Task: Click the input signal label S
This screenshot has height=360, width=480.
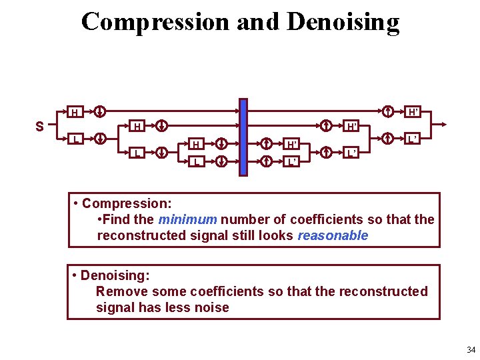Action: [x=40, y=125]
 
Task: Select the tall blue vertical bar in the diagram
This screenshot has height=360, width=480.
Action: [x=243, y=137]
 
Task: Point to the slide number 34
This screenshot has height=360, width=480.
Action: [x=471, y=350]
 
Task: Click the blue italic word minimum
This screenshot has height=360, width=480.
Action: [x=187, y=219]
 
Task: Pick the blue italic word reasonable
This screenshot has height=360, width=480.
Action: [x=333, y=235]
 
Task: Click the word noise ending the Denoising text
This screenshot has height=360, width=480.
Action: [x=213, y=307]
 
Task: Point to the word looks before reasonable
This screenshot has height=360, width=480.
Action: [x=276, y=235]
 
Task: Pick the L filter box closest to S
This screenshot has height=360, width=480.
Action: [x=75, y=139]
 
